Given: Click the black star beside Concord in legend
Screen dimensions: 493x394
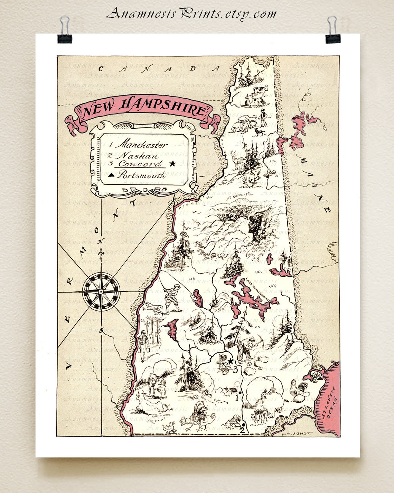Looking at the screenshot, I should (x=172, y=164).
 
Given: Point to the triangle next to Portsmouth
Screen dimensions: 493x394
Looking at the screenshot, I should (x=111, y=176).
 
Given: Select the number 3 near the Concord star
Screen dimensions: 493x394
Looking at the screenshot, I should (x=235, y=369).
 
